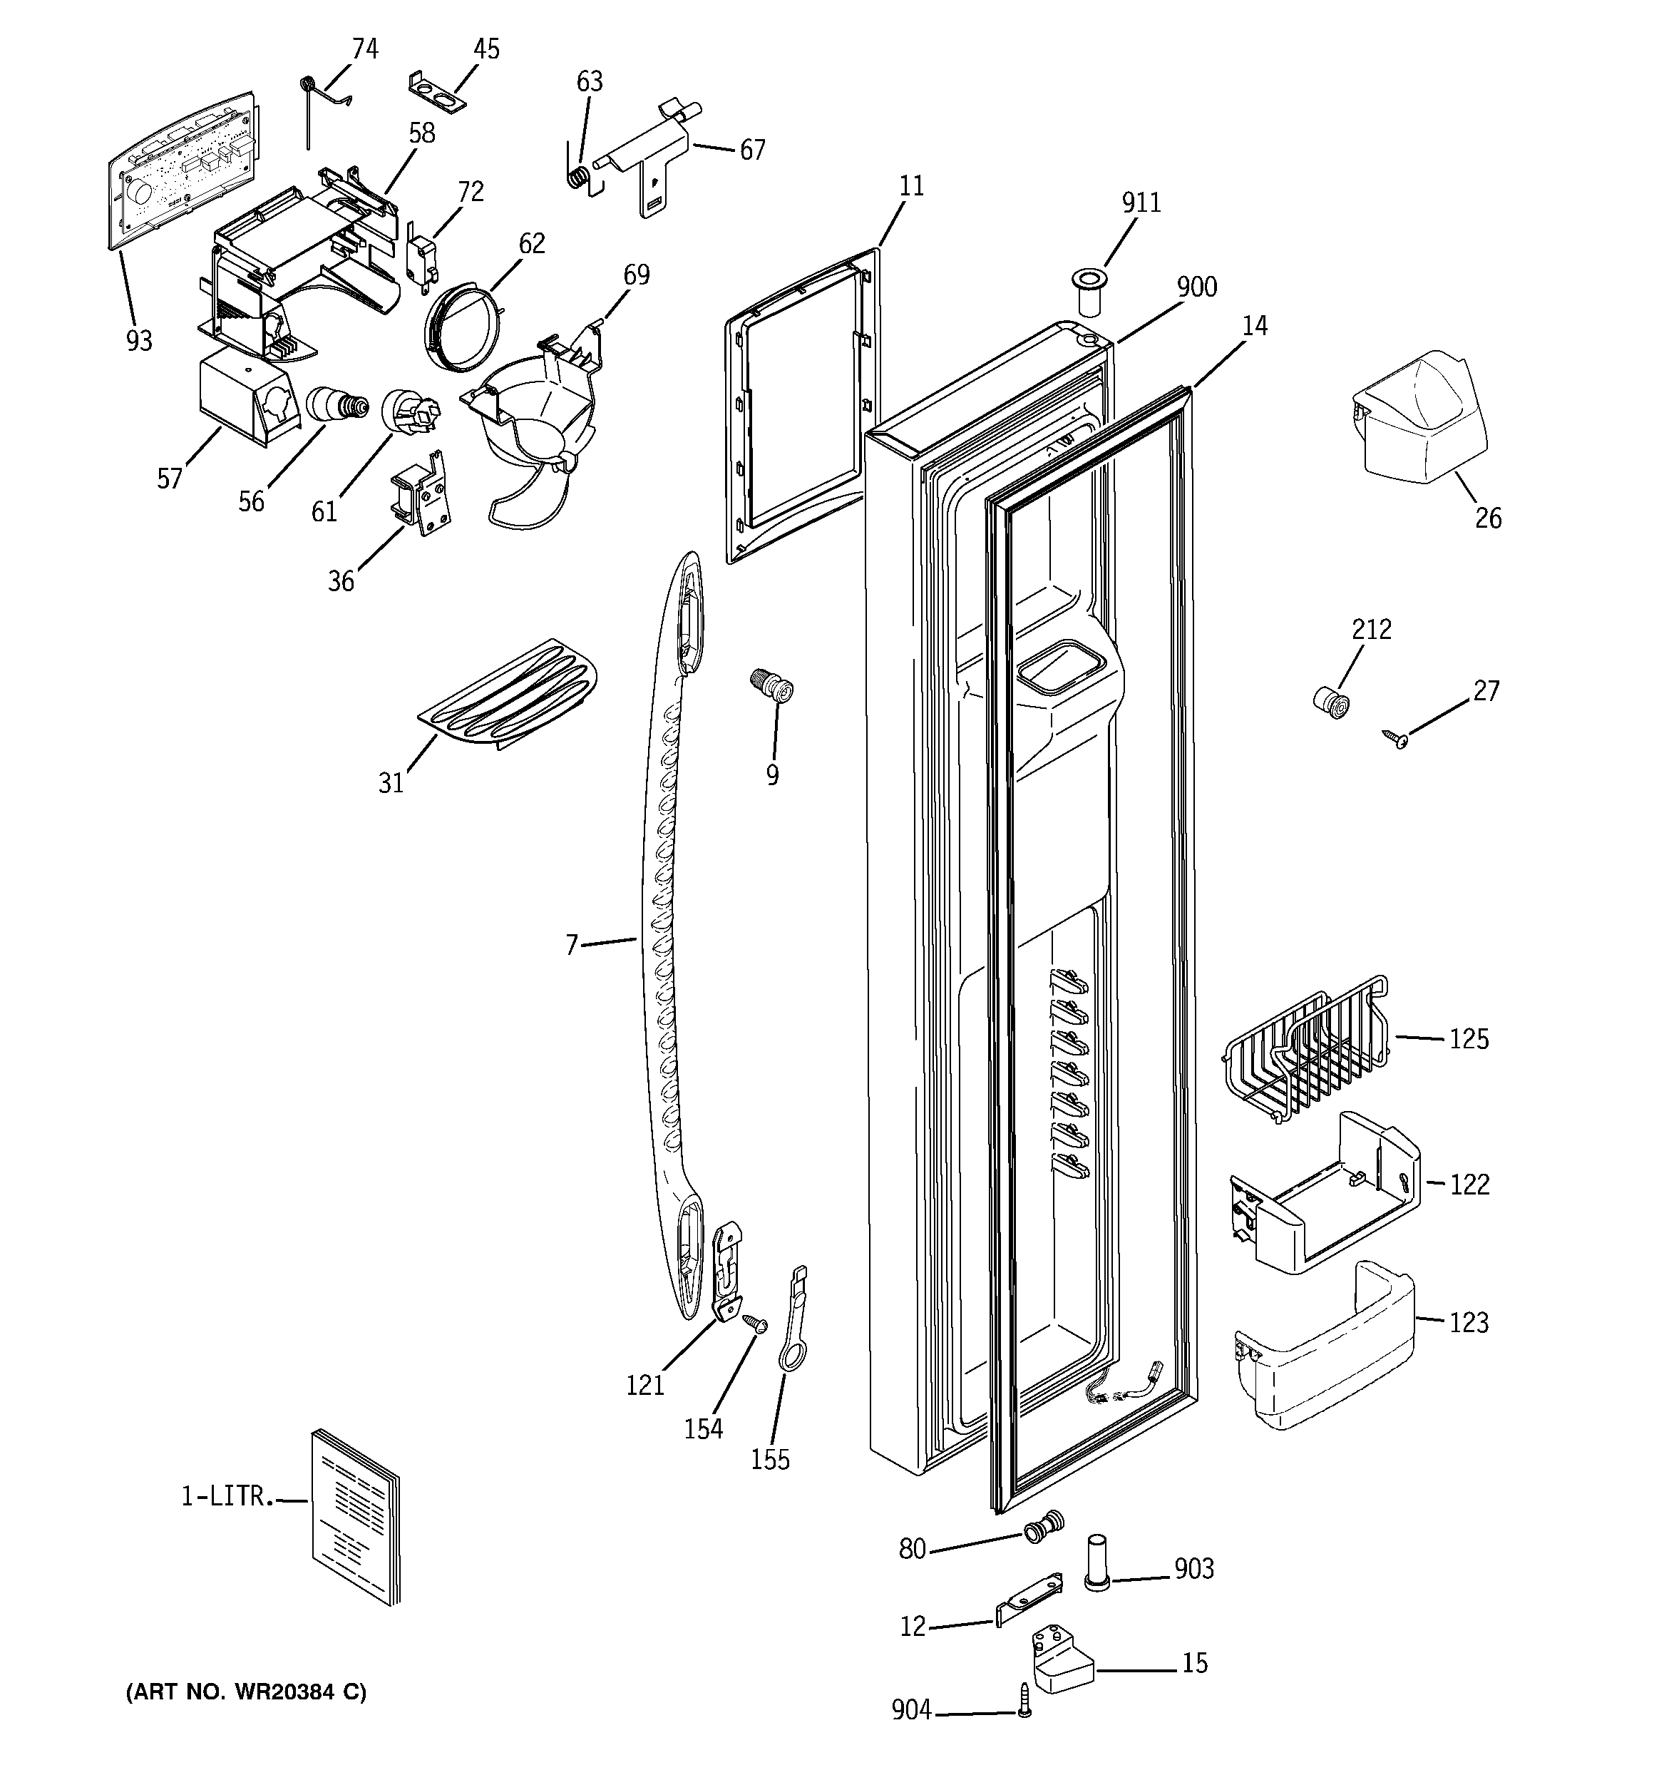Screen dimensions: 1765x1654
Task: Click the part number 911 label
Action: tap(1141, 203)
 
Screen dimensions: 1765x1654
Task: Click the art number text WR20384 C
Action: tap(247, 1692)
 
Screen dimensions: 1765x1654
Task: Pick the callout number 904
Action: tap(911, 1710)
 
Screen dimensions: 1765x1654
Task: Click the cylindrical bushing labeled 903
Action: tap(1097, 1577)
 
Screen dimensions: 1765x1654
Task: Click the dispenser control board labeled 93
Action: tap(182, 169)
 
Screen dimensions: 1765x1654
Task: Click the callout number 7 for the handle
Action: tap(572, 943)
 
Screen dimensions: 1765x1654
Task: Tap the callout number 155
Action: tap(770, 1460)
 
